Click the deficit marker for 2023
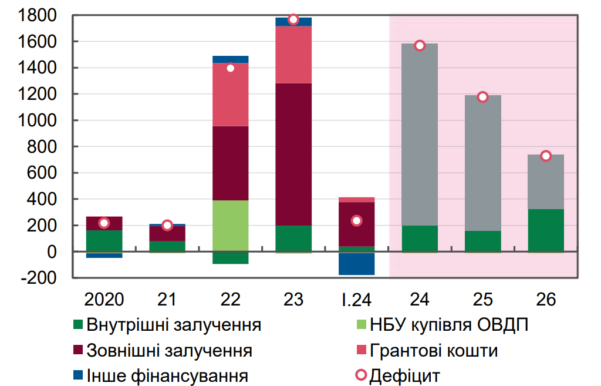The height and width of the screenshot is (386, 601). pyautogui.click(x=293, y=20)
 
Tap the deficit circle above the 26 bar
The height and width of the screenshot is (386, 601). pyautogui.click(x=546, y=156)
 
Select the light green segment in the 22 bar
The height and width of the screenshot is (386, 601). pyautogui.click(x=231, y=226)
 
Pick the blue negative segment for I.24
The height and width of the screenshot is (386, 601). pyautogui.click(x=356, y=263)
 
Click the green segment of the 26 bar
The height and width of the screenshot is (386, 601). pyautogui.click(x=546, y=230)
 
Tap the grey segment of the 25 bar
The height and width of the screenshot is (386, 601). pyautogui.click(x=482, y=165)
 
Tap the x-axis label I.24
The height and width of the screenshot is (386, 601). pyautogui.click(x=356, y=300)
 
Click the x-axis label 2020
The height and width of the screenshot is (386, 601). pyautogui.click(x=104, y=300)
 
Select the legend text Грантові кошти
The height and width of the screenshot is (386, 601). pyautogui.click(x=434, y=351)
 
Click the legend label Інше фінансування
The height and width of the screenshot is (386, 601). pyautogui.click(x=167, y=376)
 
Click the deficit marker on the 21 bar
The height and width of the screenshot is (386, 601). pyautogui.click(x=167, y=225)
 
